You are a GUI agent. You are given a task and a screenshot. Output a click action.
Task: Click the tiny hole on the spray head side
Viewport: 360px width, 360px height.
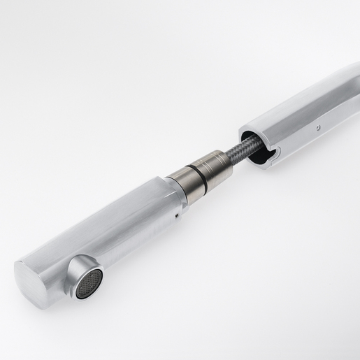(176, 217)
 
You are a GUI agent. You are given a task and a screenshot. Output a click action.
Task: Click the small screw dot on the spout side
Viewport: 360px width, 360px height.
(318, 128)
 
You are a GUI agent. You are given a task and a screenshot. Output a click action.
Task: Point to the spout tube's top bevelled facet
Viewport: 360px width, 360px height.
(301, 98)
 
